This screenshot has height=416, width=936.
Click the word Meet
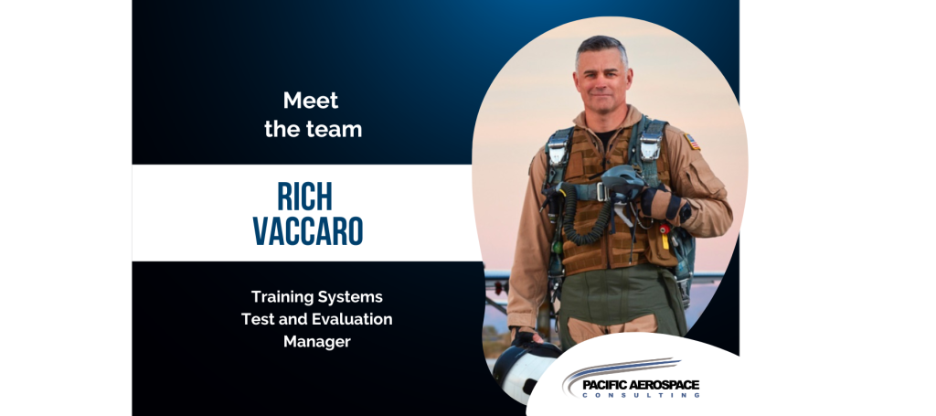point(311,101)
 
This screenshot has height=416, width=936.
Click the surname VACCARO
point(308,230)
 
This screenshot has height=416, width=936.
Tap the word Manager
point(317,342)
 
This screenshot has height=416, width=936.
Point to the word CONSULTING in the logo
point(641,395)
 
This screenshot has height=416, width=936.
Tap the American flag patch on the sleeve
point(692,142)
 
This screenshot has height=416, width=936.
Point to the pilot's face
point(601,81)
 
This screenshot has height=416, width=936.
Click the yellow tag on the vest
point(665,240)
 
